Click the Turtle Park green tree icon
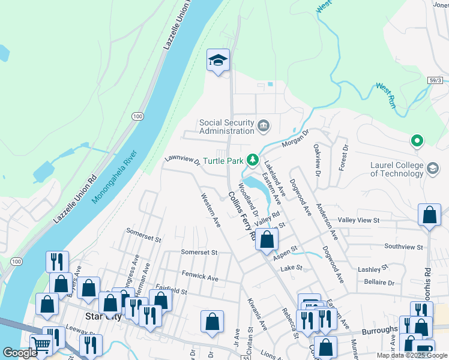tap(253, 160)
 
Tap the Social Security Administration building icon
tap(263, 126)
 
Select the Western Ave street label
tap(211, 209)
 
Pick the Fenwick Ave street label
tap(200, 277)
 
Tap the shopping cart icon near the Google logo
tap(41, 345)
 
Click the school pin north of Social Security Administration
tap(218, 60)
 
